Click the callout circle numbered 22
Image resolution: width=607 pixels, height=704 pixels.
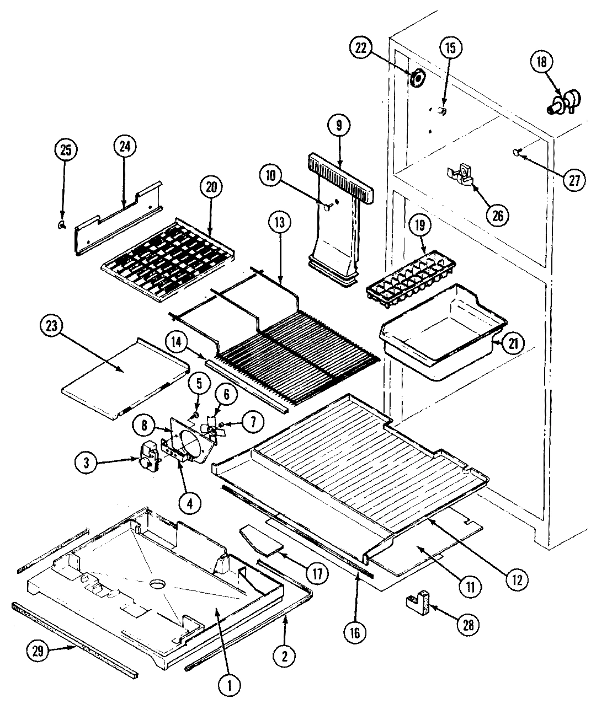tap(360, 48)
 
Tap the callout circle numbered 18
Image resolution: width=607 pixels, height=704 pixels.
tap(541, 62)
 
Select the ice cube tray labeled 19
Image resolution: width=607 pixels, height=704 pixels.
tap(412, 277)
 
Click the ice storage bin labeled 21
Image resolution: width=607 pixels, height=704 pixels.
tap(441, 336)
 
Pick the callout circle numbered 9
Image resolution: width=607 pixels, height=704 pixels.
tap(338, 125)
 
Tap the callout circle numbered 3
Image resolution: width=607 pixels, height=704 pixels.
tap(86, 464)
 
